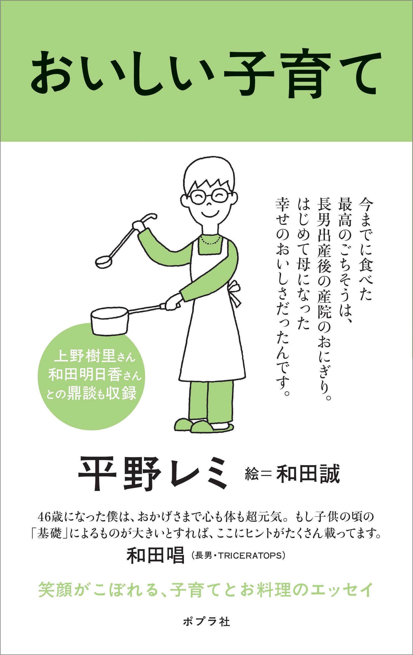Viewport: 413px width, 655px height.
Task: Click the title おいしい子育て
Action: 206,74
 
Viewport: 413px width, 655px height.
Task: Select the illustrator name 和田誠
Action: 308,474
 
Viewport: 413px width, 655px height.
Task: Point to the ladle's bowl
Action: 104,261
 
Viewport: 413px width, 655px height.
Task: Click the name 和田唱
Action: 156,555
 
